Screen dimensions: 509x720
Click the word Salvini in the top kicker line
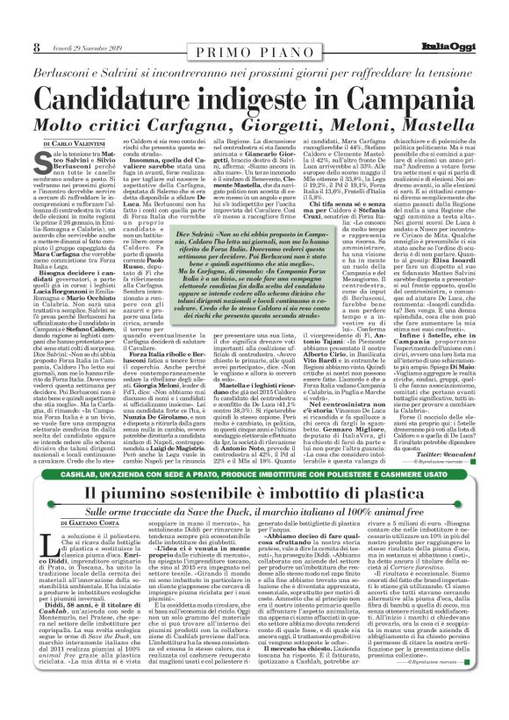point(145,43)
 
